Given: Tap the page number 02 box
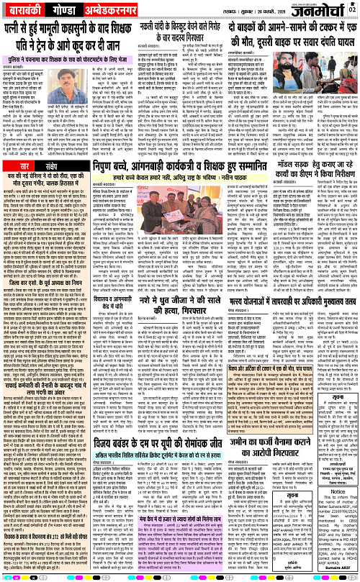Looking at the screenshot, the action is pos(353,8).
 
